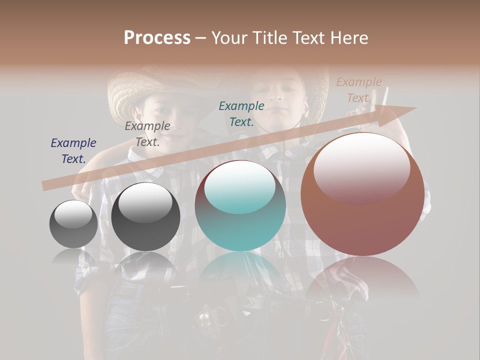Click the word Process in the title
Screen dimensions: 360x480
(x=157, y=38)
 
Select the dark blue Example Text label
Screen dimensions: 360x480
(x=73, y=151)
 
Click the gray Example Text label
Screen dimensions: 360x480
(x=147, y=134)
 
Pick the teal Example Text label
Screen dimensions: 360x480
(x=241, y=114)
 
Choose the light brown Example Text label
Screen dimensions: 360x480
(x=359, y=90)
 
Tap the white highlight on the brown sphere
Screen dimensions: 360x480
(x=362, y=167)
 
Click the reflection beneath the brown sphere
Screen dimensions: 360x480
(x=362, y=280)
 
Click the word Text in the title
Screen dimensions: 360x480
(x=311, y=38)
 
